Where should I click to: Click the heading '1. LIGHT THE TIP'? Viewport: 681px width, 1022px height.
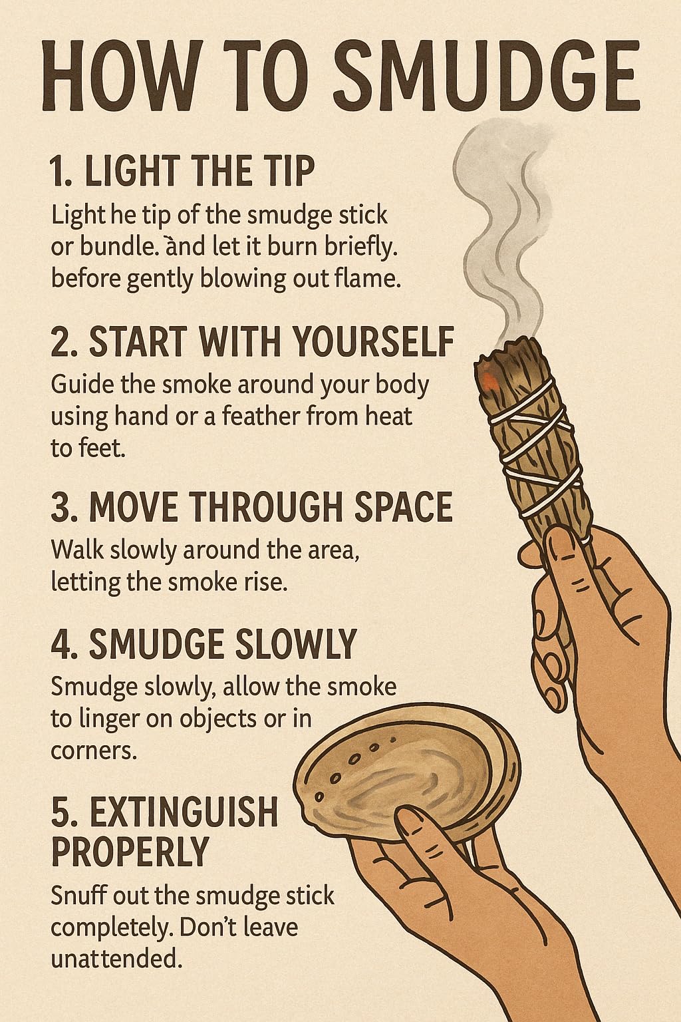click(182, 171)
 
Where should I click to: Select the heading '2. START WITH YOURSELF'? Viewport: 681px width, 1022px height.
click(252, 342)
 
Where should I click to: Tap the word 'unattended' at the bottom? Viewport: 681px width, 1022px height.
click(114, 959)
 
